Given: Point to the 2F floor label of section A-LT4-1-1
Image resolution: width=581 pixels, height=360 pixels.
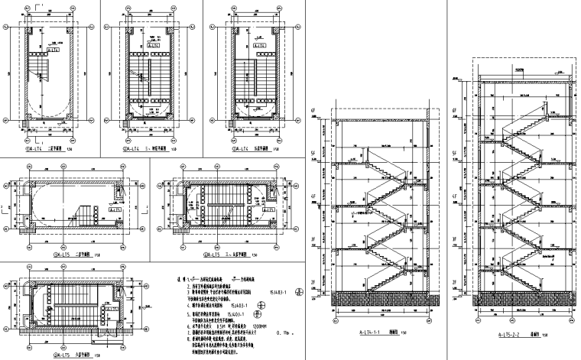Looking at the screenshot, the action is (313, 283).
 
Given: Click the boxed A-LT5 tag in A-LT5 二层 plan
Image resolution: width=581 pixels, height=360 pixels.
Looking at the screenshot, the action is (117, 208).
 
